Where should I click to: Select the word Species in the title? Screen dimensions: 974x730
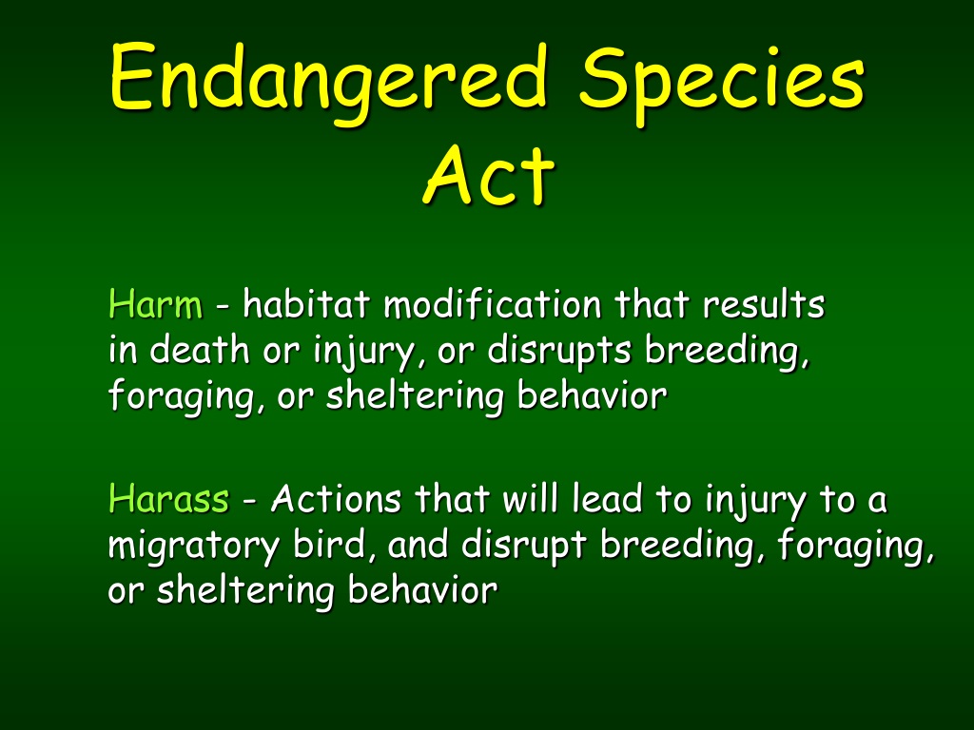tap(721, 84)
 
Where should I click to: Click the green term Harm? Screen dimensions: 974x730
tap(155, 304)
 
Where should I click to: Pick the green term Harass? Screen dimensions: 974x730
tap(168, 498)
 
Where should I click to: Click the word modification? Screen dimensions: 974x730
tap(493, 304)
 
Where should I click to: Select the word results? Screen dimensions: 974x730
tap(764, 304)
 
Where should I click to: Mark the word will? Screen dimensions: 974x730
tap(529, 498)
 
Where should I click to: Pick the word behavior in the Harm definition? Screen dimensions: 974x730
tap(592, 394)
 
